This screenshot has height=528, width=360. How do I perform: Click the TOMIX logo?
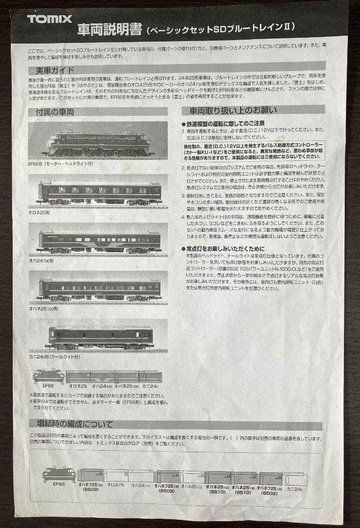pos(49,19)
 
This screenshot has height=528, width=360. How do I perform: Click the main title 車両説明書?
pos(109,30)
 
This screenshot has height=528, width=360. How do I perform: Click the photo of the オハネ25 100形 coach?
pos(99,289)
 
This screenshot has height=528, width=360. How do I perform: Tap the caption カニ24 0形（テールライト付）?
pos(54,357)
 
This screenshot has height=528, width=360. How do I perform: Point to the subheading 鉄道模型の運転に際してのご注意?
pos(225,123)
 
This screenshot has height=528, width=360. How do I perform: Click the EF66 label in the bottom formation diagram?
pos(58,484)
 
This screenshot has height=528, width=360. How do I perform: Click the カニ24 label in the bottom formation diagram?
pos(295,488)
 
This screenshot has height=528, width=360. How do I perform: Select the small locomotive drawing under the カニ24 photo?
pos(48,376)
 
